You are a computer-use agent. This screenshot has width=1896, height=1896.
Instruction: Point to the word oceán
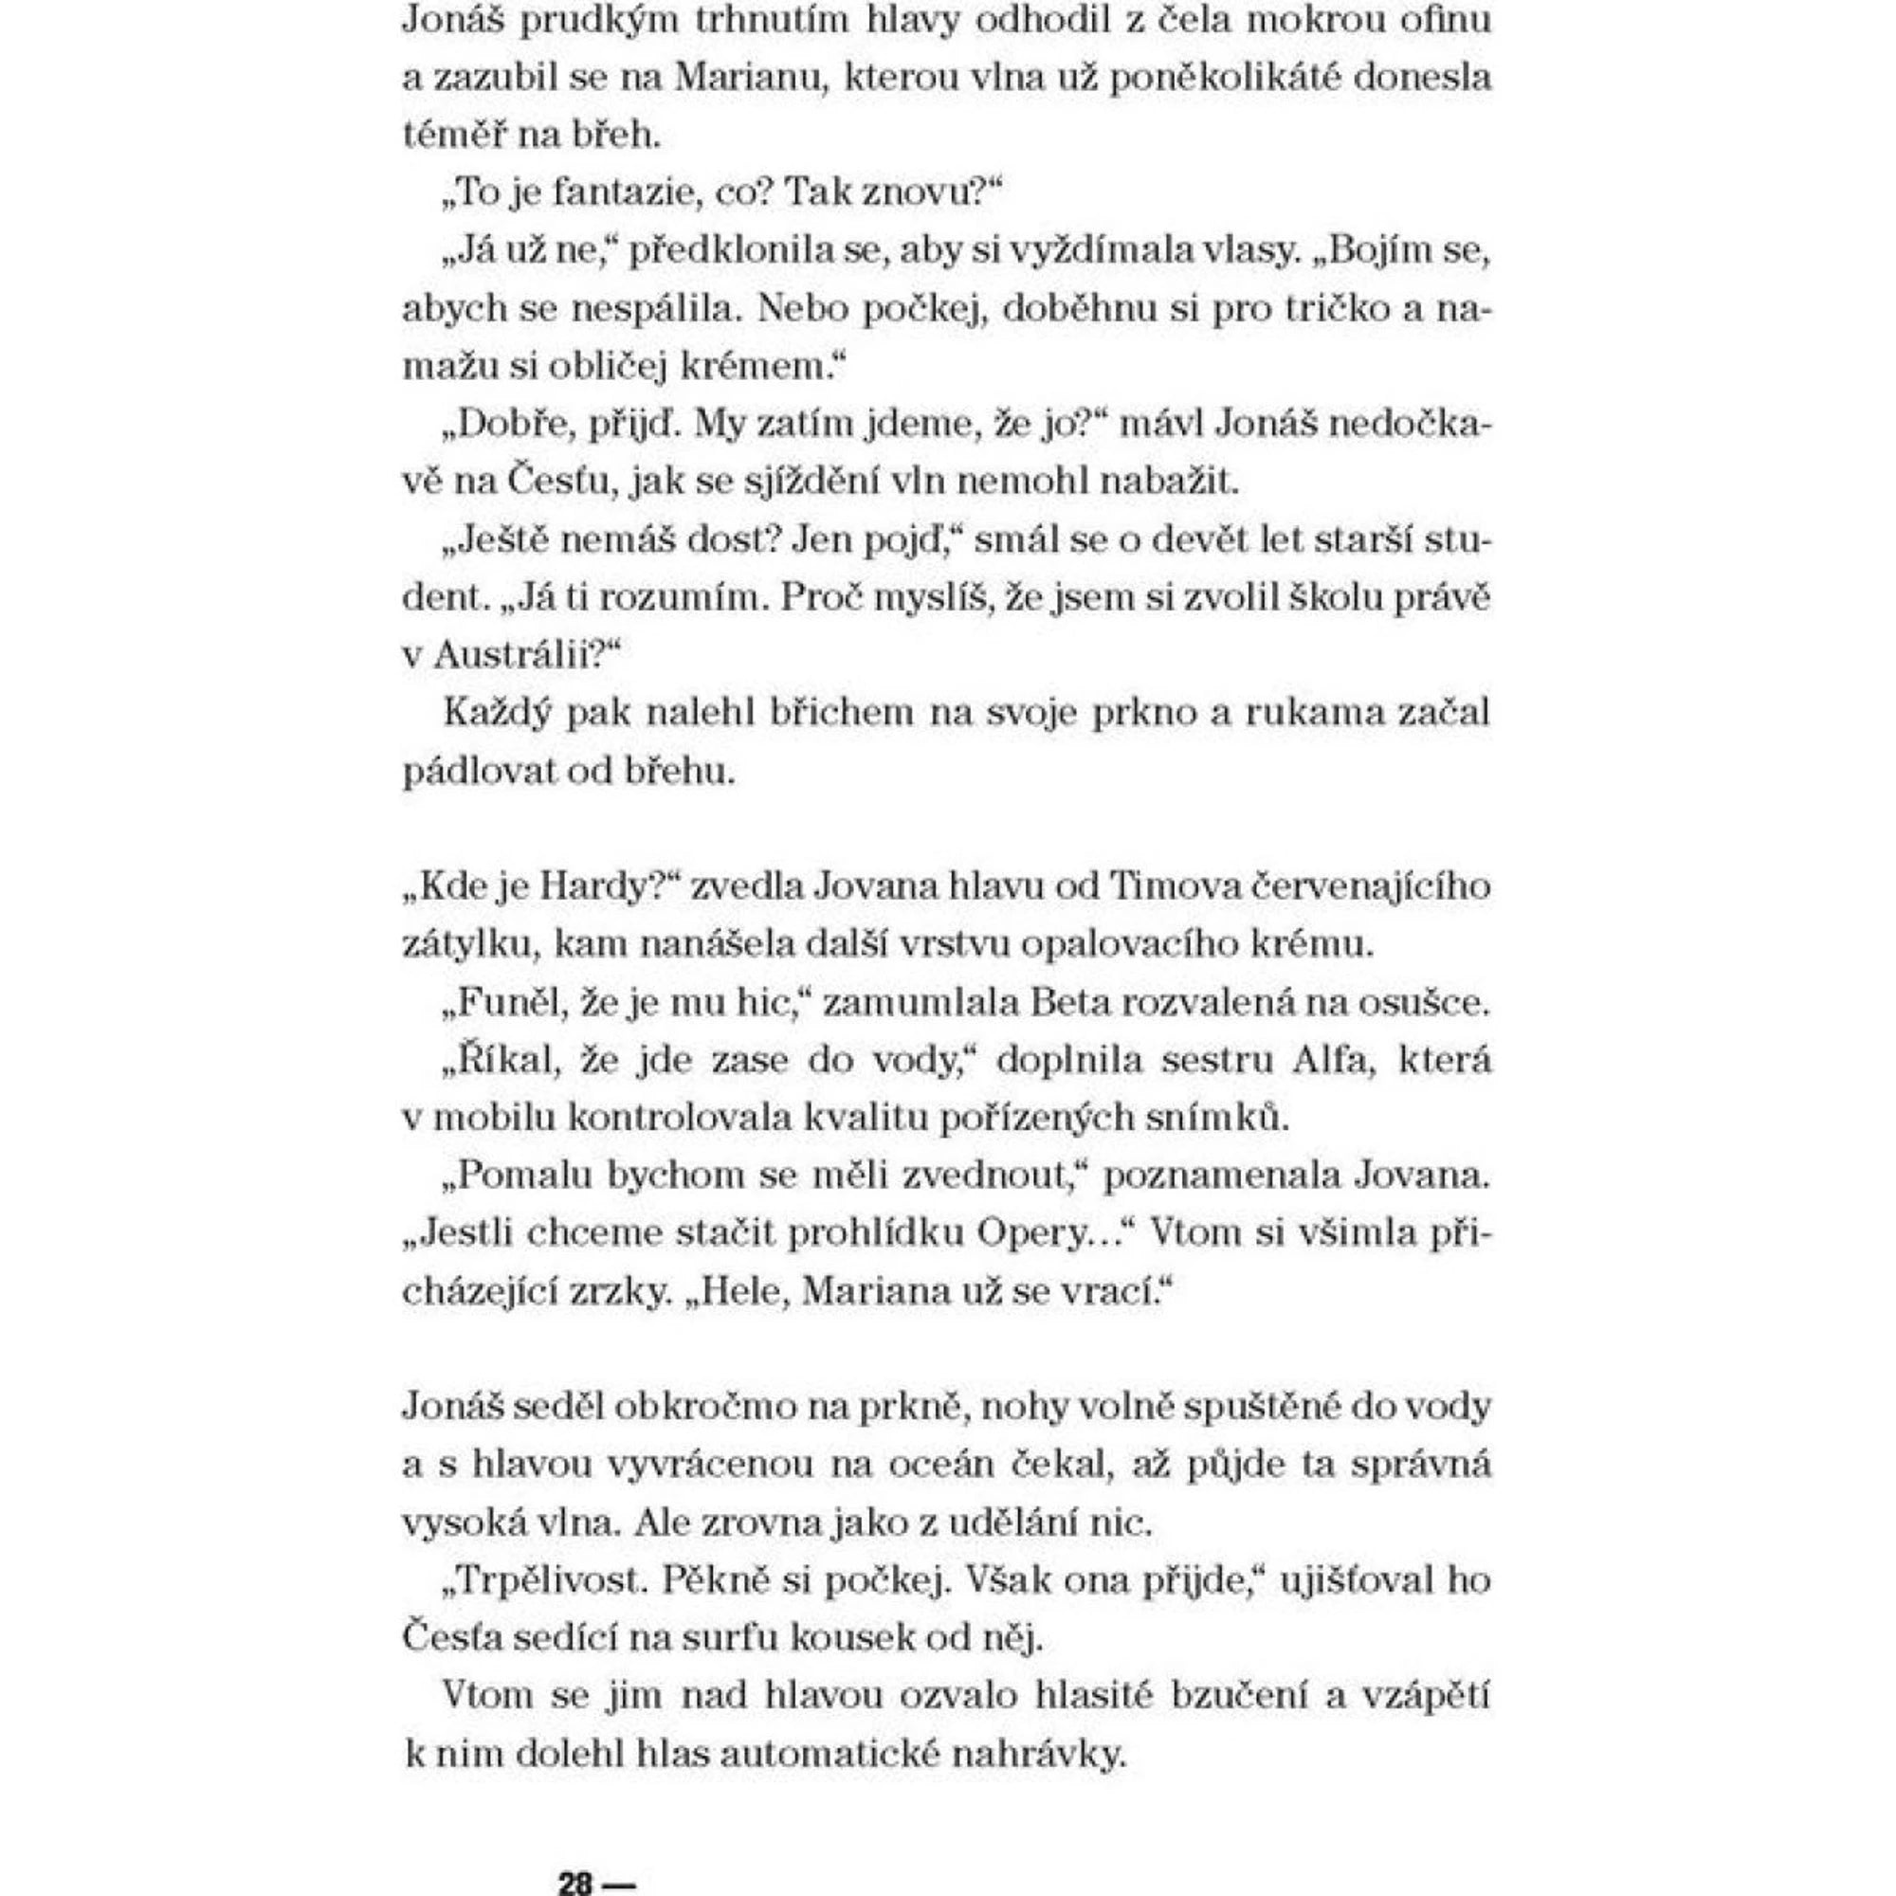click(946, 1465)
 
